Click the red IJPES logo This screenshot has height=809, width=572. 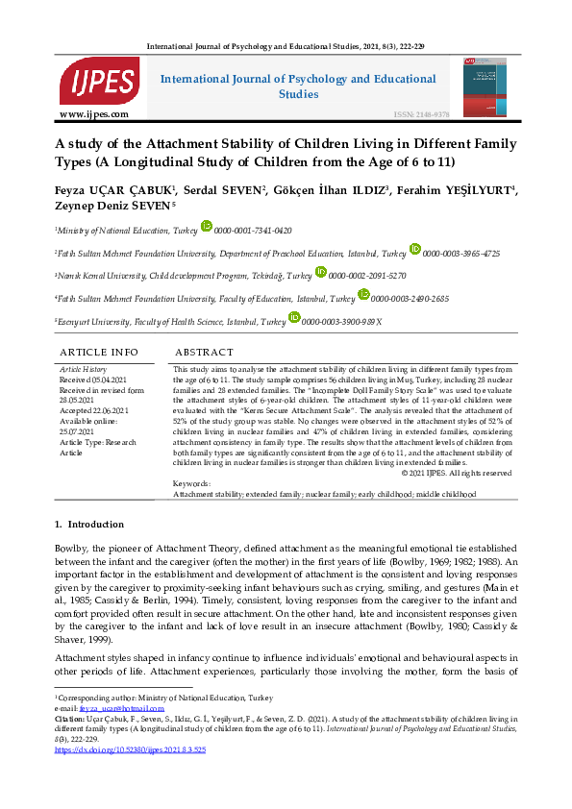tap(99, 81)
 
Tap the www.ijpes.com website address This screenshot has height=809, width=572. tap(94, 114)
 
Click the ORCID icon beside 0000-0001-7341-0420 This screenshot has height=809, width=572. tap(206, 227)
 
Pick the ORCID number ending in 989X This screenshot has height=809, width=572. tap(341, 322)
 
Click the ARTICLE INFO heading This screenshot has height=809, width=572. tap(98, 353)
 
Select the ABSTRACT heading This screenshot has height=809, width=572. tap(204, 353)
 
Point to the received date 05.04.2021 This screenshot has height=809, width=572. tap(98, 379)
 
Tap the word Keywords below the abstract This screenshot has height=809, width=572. tap(191, 484)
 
